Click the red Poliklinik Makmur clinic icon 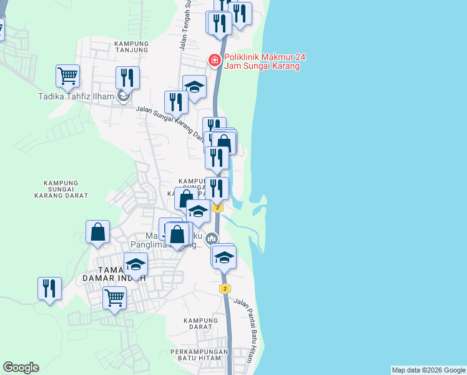pyautogui.click(x=214, y=60)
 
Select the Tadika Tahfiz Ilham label pyautogui.click(x=76, y=97)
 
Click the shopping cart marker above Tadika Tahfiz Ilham pyautogui.click(x=67, y=77)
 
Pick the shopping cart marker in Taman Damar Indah pyautogui.click(x=115, y=298)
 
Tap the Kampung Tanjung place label pyautogui.click(x=131, y=47)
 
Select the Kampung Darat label pyautogui.click(x=200, y=324)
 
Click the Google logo pyautogui.click(x=21, y=367)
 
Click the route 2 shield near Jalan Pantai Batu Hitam pyautogui.click(x=225, y=289)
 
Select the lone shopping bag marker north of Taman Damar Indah pyautogui.click(x=98, y=232)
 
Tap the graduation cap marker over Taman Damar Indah pyautogui.click(x=136, y=264)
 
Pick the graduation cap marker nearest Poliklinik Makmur pyautogui.click(x=194, y=87)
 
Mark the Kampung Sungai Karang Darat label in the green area pyautogui.click(x=65, y=189)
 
